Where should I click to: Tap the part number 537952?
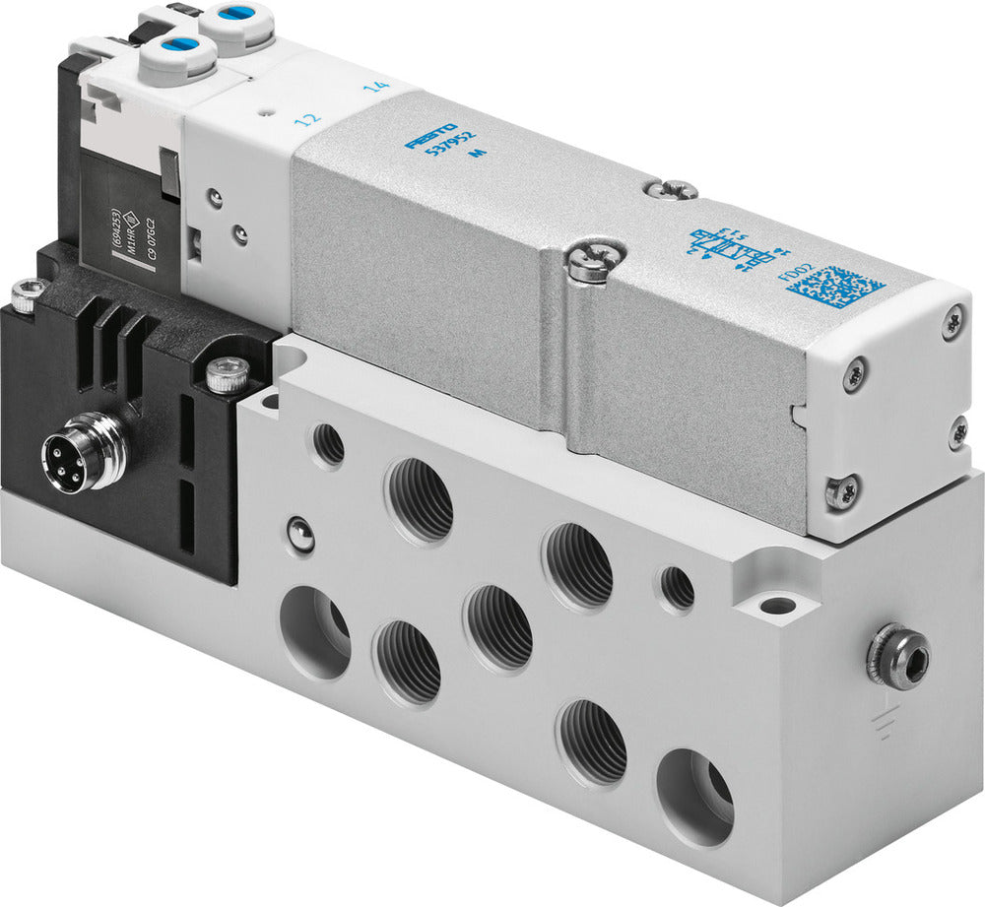point(448,153)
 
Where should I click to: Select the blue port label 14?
point(374,87)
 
